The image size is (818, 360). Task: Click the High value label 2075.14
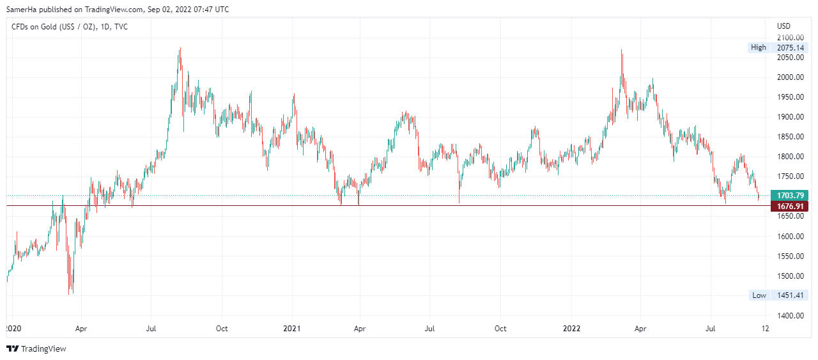[x=791, y=47]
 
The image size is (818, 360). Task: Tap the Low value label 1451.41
[x=791, y=295]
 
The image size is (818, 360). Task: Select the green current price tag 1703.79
[x=789, y=195]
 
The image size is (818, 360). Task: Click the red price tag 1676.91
[x=789, y=206]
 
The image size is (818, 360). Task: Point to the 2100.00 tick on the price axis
[x=790, y=38]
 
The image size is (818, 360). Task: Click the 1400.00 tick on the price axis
[x=790, y=316]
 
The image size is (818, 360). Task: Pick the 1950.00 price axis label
[x=790, y=97]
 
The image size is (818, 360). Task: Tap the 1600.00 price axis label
[x=790, y=237]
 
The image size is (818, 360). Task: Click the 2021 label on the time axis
[x=292, y=329]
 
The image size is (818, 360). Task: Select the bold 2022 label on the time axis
[x=571, y=329]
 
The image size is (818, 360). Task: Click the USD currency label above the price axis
[x=783, y=26]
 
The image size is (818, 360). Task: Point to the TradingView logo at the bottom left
[x=36, y=348]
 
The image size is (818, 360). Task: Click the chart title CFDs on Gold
[x=38, y=27]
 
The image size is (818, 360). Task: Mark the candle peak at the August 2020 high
[x=180, y=48]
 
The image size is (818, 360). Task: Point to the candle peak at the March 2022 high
[x=621, y=50]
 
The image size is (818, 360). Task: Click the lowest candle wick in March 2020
[x=70, y=293]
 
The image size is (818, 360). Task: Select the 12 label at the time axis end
[x=766, y=329]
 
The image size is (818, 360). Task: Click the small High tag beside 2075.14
[x=759, y=47]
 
